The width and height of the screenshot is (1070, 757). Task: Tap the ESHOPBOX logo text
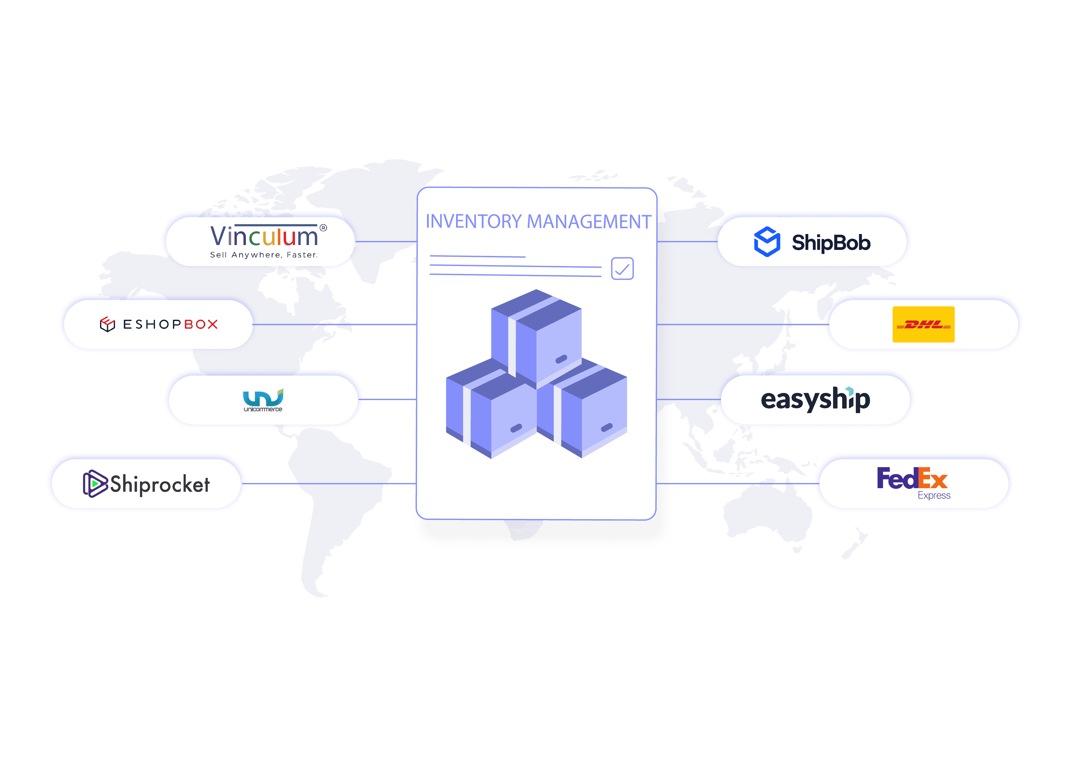[170, 324]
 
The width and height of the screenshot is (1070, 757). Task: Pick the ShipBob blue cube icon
[767, 242]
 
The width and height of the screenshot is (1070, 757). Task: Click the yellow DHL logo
[923, 324]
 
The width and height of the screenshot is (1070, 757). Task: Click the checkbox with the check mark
[622, 269]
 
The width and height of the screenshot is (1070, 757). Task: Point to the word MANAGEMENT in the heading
[589, 222]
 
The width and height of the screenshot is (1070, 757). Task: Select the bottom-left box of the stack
[490, 410]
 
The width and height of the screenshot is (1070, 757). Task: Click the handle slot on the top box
[562, 359]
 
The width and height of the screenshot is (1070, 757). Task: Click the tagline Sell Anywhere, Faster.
[264, 255]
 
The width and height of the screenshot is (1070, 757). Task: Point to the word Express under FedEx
[934, 496]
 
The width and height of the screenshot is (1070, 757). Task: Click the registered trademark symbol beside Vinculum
[323, 228]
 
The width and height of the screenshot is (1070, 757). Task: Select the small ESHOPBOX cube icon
[107, 324]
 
